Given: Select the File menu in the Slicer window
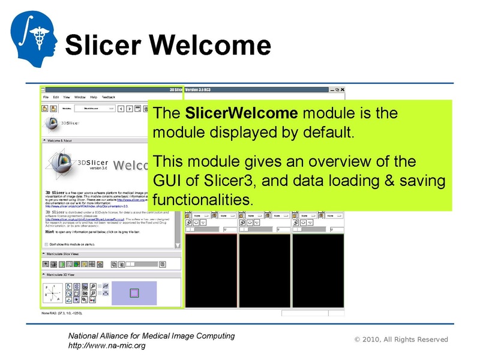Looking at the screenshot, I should (45, 97).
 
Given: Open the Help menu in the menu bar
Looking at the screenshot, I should (94, 97).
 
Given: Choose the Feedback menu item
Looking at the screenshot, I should (109, 97).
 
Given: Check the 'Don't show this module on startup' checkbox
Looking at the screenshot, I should (47, 244).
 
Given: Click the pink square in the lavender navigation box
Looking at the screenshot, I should (134, 293).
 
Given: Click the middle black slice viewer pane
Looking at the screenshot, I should (264, 271).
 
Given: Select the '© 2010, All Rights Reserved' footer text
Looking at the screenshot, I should (401, 340).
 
